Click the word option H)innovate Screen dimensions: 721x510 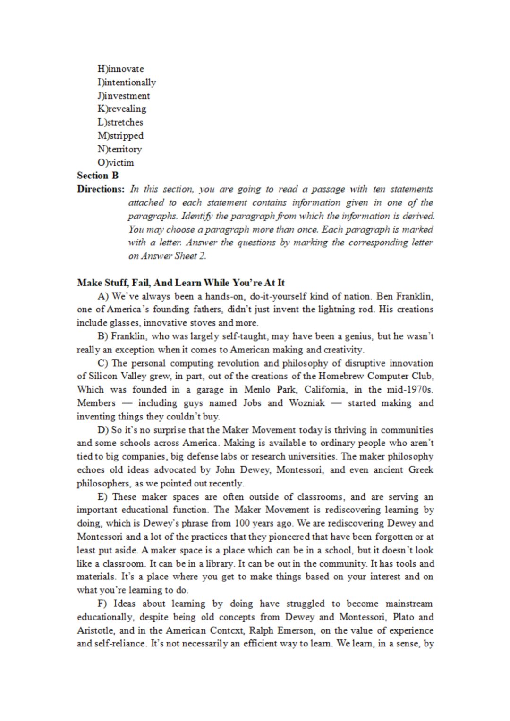(x=120, y=69)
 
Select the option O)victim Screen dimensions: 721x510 (x=116, y=163)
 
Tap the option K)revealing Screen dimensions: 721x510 (x=122, y=109)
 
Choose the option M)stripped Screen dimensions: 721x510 (x=120, y=136)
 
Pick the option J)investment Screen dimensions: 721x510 (x=124, y=96)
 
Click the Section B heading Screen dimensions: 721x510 (x=98, y=176)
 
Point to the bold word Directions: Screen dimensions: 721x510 (x=101, y=189)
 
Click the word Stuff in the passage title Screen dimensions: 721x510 (x=114, y=283)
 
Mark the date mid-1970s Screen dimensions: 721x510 (x=414, y=390)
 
